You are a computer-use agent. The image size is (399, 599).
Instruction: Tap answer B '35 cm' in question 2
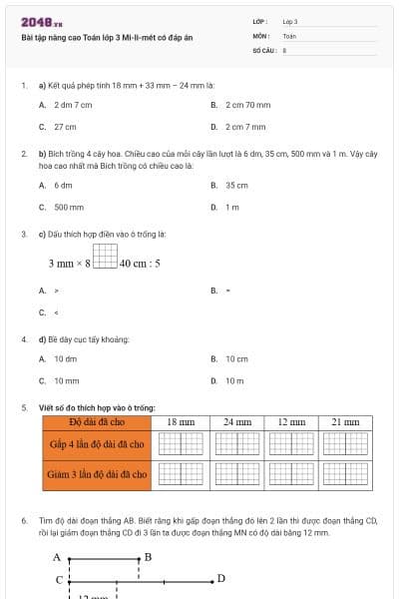(236, 185)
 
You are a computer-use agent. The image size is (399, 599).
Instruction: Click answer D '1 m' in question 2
(232, 207)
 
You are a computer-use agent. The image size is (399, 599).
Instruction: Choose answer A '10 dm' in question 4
(65, 358)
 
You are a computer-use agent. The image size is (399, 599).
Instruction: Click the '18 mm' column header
(181, 422)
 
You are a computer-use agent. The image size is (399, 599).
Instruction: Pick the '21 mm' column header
(345, 422)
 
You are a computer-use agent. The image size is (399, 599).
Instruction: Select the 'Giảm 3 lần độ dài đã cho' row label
(96, 474)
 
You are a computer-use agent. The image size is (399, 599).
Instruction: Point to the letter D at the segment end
(221, 578)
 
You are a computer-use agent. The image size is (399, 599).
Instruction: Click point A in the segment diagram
(57, 557)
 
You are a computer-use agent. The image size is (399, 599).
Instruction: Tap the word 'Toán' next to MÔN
(289, 35)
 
